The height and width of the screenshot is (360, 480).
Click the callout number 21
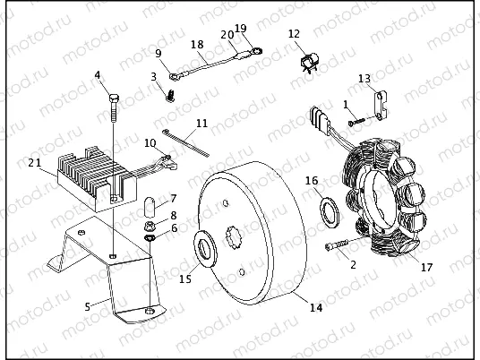click(x=34, y=162)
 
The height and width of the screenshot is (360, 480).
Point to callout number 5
click(x=88, y=306)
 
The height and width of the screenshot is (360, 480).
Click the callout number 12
click(x=294, y=34)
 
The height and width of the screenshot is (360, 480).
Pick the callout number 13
click(x=364, y=79)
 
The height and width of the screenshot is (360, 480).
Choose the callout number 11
click(x=201, y=123)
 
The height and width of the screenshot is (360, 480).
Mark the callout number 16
click(x=312, y=181)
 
